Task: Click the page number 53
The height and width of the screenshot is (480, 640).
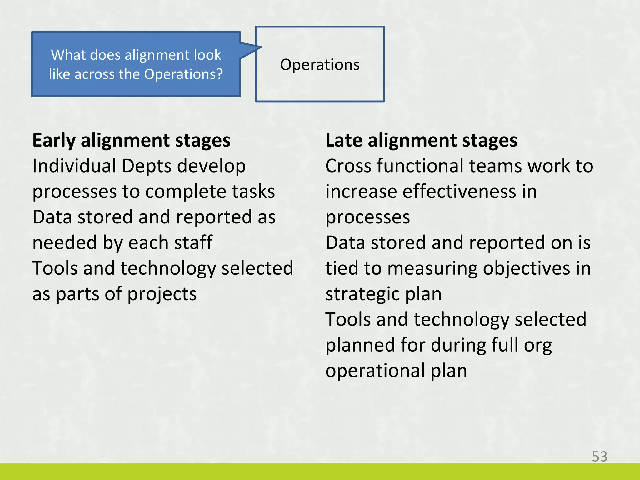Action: click(x=599, y=457)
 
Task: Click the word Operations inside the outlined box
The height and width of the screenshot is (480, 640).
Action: click(x=320, y=65)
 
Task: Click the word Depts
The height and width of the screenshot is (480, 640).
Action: click(x=146, y=166)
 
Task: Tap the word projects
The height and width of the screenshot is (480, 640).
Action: click(x=162, y=294)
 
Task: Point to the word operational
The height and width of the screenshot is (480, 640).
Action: click(x=375, y=371)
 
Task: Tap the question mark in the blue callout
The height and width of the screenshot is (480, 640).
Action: click(x=219, y=74)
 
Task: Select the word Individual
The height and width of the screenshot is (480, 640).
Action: click(x=74, y=166)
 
